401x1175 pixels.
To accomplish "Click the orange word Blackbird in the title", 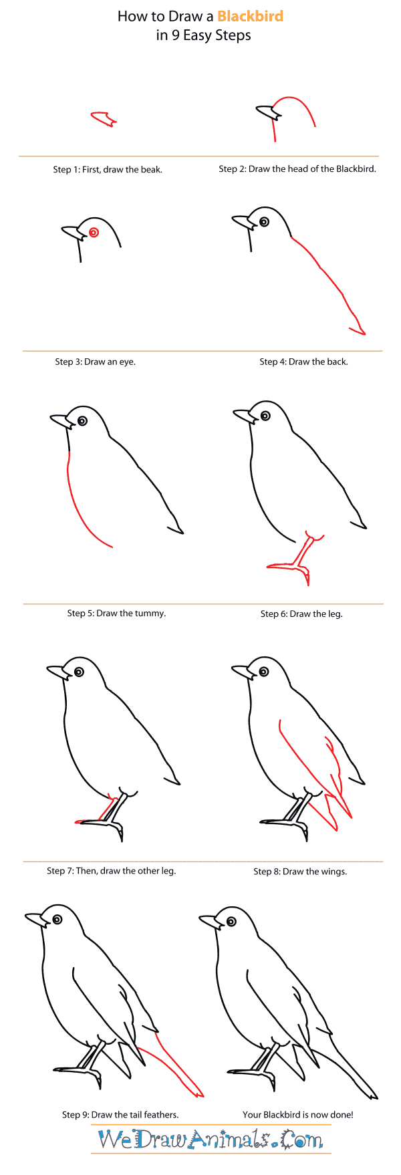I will coord(250,16).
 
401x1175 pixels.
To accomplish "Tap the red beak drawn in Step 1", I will coord(104,120).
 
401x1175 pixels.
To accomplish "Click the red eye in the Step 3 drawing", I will coord(94,233).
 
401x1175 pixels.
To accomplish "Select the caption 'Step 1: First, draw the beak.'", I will coord(108,170).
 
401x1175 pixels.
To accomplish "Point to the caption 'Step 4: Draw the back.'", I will coord(303,362).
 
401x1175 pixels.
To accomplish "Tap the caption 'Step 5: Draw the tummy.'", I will coord(116,613).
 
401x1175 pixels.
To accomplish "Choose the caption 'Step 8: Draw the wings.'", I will coord(300,872).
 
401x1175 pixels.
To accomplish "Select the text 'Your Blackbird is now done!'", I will coord(297,1114).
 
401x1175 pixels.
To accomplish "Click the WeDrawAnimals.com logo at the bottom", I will coord(211,1139).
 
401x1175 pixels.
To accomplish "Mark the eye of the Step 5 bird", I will coord(82,421).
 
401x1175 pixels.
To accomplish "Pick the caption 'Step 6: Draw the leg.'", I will coord(301,614).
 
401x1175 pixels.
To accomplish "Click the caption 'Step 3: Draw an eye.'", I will coord(95,362).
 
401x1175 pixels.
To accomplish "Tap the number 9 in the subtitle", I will coord(175,35).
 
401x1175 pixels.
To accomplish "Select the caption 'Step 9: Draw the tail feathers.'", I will coord(120,1114).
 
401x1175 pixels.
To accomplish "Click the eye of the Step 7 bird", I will coord(79,672).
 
